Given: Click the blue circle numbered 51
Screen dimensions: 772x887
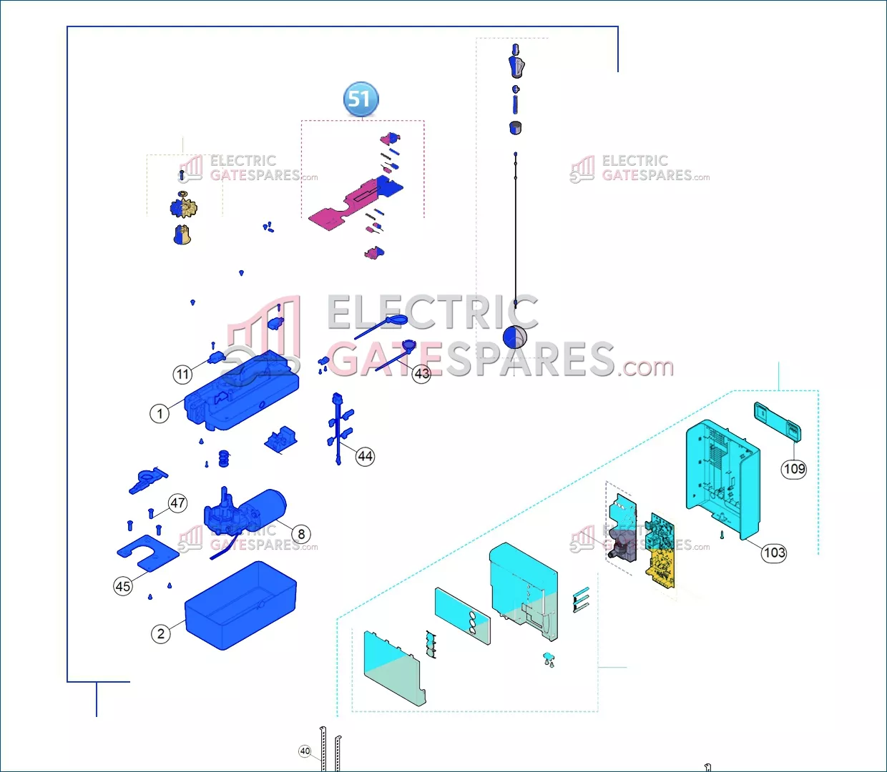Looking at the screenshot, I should (x=361, y=99).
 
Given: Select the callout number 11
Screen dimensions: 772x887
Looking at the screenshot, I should (x=183, y=374).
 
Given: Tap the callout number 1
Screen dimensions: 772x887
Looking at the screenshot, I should (x=160, y=413).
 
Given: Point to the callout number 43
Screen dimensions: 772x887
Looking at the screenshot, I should (x=422, y=373).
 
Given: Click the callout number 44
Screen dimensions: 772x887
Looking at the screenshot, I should (x=365, y=456).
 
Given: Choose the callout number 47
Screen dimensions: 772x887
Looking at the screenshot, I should (x=177, y=503).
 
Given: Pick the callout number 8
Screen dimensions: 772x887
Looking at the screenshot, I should (x=301, y=534).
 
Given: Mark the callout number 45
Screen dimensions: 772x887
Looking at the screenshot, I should (x=123, y=586).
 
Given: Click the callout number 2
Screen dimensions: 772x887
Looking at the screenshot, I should (x=161, y=633).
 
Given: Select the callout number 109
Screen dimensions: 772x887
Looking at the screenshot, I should (x=794, y=469).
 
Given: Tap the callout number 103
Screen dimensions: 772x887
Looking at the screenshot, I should (x=774, y=553).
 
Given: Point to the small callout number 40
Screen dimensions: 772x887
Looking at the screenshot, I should (x=305, y=751).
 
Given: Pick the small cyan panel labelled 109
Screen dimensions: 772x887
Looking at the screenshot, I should (x=777, y=421).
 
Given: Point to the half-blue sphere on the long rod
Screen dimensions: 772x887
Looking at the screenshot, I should (x=515, y=337).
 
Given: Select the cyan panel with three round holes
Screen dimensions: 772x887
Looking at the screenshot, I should (x=462, y=615).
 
